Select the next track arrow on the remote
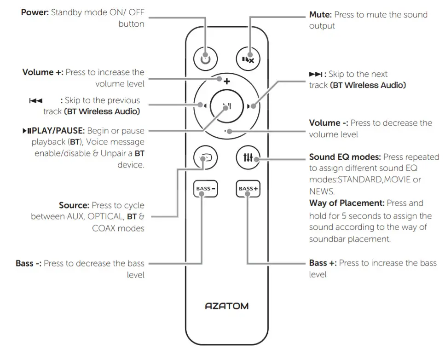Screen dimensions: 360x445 pos(251,106)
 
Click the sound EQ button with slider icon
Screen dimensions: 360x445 pos(249,158)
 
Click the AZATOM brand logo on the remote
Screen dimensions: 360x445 pos(227,306)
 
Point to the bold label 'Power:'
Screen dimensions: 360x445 pos(35,12)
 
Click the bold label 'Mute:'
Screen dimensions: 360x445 pos(320,15)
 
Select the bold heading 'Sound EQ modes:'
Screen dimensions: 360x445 pos(345,157)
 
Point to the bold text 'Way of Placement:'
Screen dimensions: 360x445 pos(347,203)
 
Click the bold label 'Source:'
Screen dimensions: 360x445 pos(74,205)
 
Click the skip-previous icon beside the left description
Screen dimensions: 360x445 pos(36,100)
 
